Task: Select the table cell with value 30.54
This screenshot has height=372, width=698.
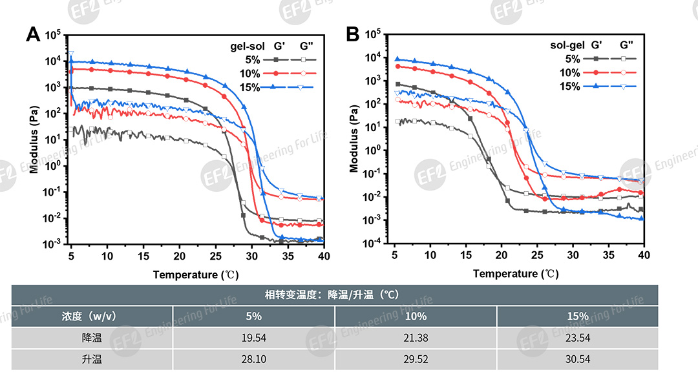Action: pos(578,359)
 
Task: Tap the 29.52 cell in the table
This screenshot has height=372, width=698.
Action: pos(416,359)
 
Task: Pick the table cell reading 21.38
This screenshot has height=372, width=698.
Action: pos(416,337)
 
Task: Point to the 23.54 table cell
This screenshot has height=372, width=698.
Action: pos(578,337)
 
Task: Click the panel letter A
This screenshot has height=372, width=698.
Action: pos(33,35)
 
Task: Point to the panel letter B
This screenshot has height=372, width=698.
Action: pos(353,35)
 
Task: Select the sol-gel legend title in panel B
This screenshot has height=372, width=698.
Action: pos(567,45)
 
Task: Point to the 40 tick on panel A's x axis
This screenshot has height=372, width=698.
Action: pos(324,256)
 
